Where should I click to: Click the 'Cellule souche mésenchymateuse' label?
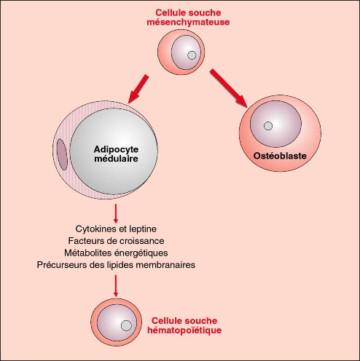coord(188,17)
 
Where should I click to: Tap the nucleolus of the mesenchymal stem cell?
coord(192,55)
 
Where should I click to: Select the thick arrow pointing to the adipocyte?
coord(138,89)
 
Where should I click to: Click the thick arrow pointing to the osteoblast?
coord(229,88)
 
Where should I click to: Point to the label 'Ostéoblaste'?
coord(280,156)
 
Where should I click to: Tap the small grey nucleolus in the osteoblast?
coord(268,126)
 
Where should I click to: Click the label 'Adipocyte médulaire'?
coord(116,154)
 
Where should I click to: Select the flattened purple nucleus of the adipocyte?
coord(62,154)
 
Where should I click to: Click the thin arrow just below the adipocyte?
coord(116,213)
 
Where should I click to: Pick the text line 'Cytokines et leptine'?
coord(116,229)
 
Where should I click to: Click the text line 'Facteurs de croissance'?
coord(116,241)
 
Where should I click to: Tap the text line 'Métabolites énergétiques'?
coord(116,253)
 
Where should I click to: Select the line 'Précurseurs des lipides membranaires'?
coord(116,265)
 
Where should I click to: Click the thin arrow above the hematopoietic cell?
coord(116,286)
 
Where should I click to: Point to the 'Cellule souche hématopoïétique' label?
coord(184,325)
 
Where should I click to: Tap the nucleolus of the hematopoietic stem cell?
coord(126,325)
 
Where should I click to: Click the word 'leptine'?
coord(143,229)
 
